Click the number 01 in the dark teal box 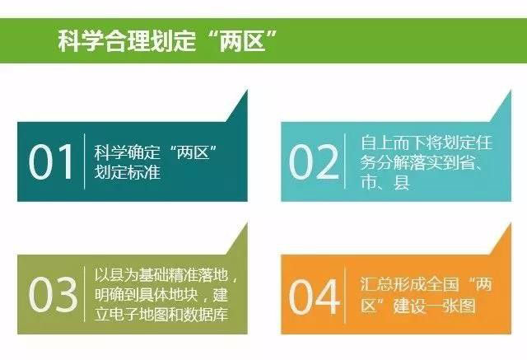click(51, 162)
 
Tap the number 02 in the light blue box click(314, 162)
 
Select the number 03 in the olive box click(53, 294)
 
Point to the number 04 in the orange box click(314, 297)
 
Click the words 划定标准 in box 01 click(127, 172)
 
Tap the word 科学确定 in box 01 click(127, 152)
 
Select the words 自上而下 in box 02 click(394, 143)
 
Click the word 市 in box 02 click(368, 182)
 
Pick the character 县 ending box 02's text click(402, 182)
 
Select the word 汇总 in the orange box click(377, 284)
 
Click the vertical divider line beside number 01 click(84, 161)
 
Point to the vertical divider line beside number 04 click(345, 295)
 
